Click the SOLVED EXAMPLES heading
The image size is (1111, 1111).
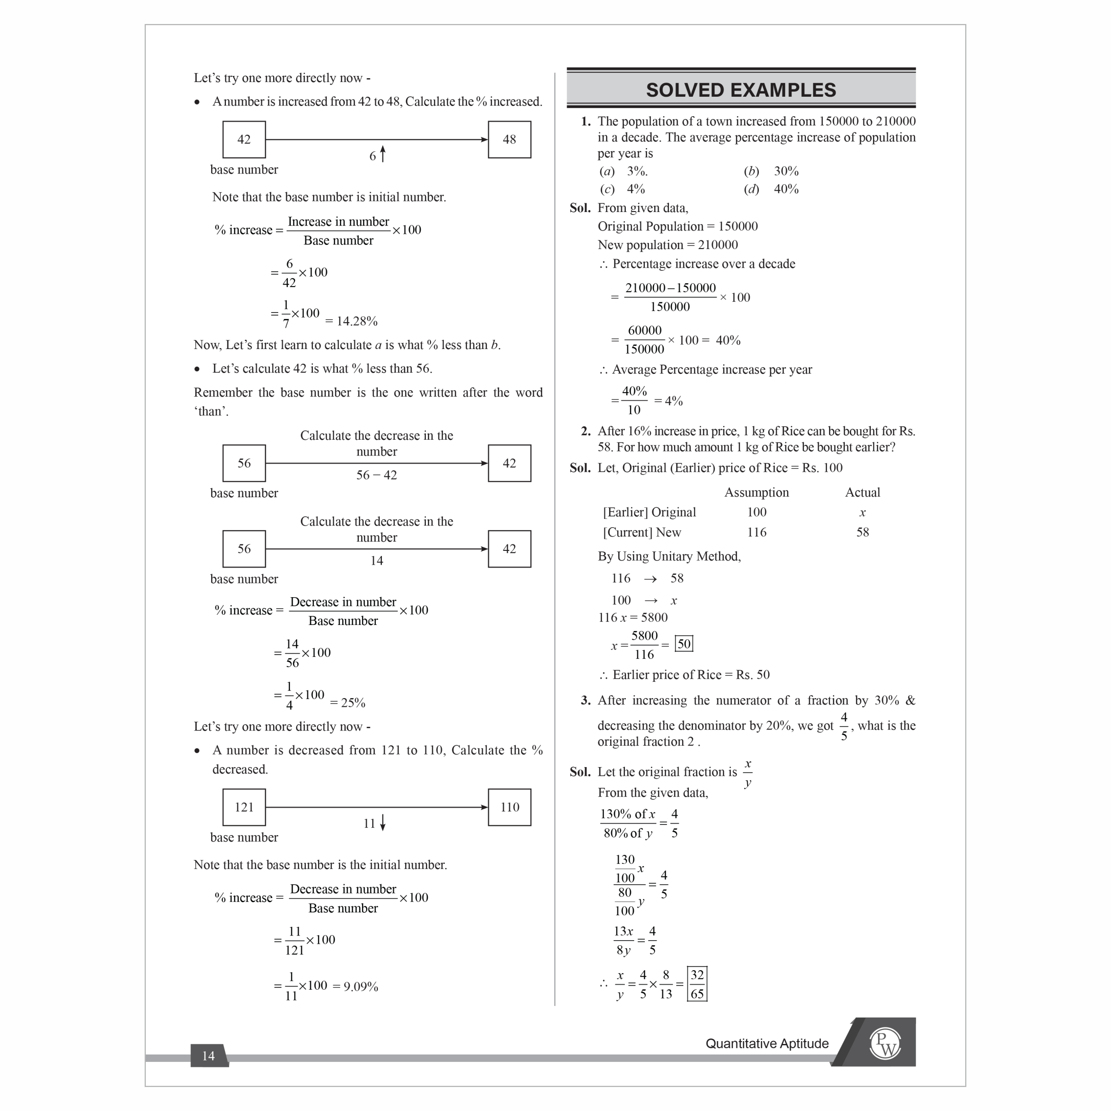tap(741, 90)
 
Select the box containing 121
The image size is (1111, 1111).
tap(244, 807)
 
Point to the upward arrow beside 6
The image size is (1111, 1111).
tap(382, 154)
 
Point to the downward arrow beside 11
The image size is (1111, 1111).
tap(382, 822)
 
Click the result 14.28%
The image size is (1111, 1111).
tap(351, 321)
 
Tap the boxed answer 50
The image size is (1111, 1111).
tap(684, 643)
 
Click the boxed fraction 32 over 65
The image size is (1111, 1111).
tap(697, 984)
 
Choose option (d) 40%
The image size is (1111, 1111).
tap(771, 188)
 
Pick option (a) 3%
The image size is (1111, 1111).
tap(624, 171)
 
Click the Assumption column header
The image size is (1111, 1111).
tap(756, 492)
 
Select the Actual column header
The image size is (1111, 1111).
tap(862, 492)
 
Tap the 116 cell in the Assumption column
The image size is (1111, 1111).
tap(756, 532)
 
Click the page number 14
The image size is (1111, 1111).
tap(208, 1056)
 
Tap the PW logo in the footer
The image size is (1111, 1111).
tap(885, 1043)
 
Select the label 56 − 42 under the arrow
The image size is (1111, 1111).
tap(377, 475)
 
